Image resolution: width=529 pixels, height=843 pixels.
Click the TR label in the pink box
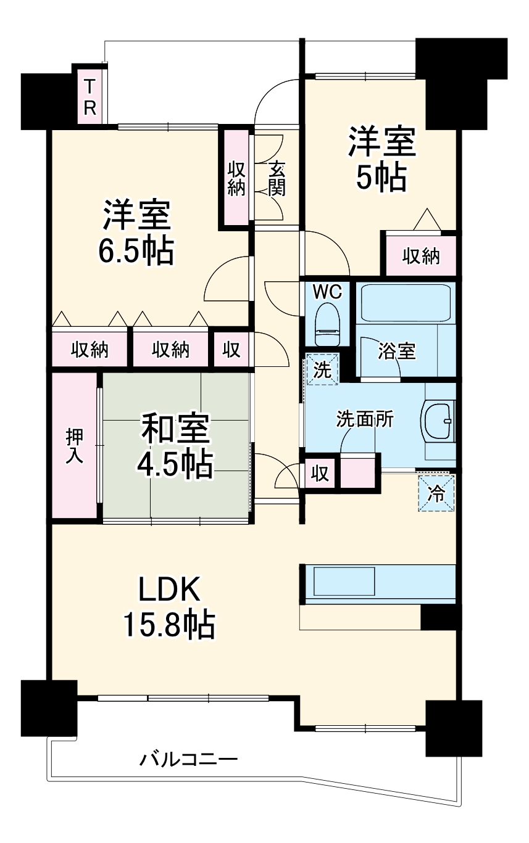pyautogui.click(x=90, y=97)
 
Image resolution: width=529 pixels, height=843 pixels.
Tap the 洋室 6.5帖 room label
pyautogui.click(x=136, y=233)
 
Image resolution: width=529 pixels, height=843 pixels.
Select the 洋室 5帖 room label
pyautogui.click(x=381, y=160)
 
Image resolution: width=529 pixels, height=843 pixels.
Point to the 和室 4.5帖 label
pyautogui.click(x=175, y=446)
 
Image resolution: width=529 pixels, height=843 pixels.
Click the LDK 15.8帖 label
pyautogui.click(x=170, y=606)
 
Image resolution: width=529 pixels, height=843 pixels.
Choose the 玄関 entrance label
pyautogui.click(x=277, y=179)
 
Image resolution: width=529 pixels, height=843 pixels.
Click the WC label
pyautogui.click(x=327, y=292)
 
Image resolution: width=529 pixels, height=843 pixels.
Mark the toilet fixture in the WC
pyautogui.click(x=327, y=324)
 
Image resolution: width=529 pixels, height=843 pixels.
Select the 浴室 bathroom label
pyautogui.click(x=397, y=352)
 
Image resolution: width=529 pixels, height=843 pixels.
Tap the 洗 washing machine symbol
pyautogui.click(x=322, y=369)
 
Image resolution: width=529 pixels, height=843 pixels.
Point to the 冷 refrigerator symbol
pyautogui.click(x=436, y=493)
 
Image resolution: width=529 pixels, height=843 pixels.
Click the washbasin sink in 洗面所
pyautogui.click(x=438, y=420)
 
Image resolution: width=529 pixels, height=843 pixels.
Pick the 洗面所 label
pyautogui.click(x=365, y=419)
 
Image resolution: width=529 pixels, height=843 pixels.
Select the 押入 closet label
pyautogui.click(x=74, y=446)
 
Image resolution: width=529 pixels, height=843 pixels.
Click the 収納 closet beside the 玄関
pyautogui.click(x=236, y=179)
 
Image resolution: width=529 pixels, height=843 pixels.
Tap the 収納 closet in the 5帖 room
pyautogui.click(x=421, y=257)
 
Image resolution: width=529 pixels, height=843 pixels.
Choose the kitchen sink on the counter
pyautogui.click(x=344, y=581)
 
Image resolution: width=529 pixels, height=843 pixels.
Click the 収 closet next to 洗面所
pyautogui.click(x=320, y=474)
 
